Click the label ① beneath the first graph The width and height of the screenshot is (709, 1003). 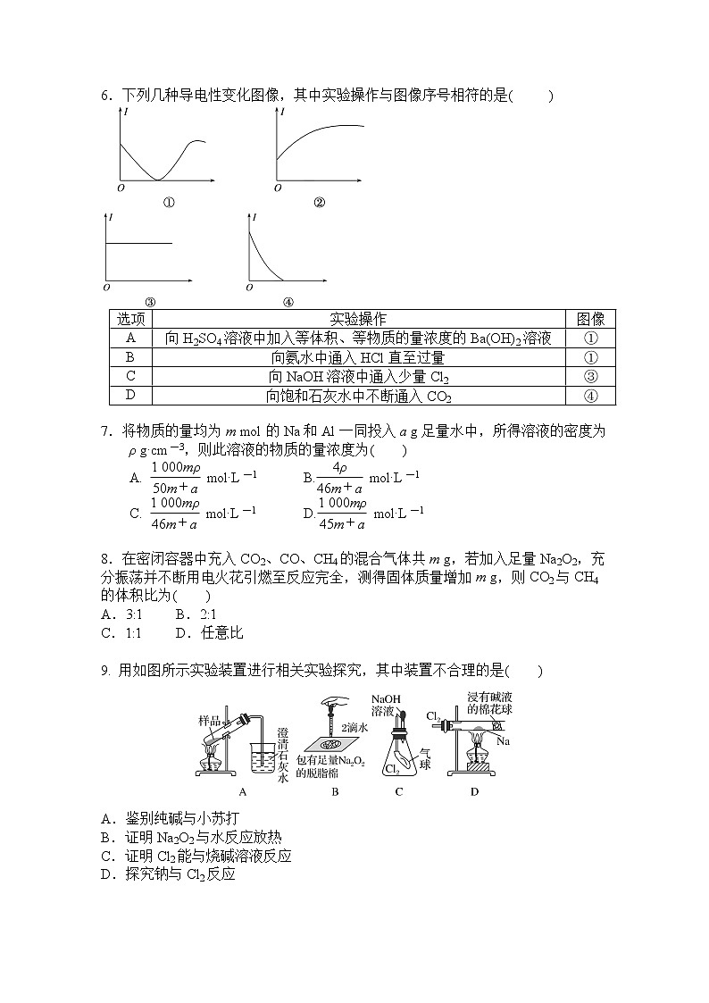coord(169,202)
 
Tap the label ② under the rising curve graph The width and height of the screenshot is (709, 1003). coord(319,202)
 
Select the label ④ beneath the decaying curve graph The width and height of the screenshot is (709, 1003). coord(288,302)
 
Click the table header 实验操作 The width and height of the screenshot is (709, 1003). coord(358,319)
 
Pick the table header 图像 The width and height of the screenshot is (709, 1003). coord(590,319)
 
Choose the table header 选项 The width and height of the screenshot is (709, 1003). coord(130,319)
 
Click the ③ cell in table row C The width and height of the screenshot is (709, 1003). coord(590,376)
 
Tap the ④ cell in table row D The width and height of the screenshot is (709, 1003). coord(590,396)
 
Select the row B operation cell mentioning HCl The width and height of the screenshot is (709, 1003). coord(358,357)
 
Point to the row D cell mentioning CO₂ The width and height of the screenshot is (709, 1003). coord(358,396)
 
